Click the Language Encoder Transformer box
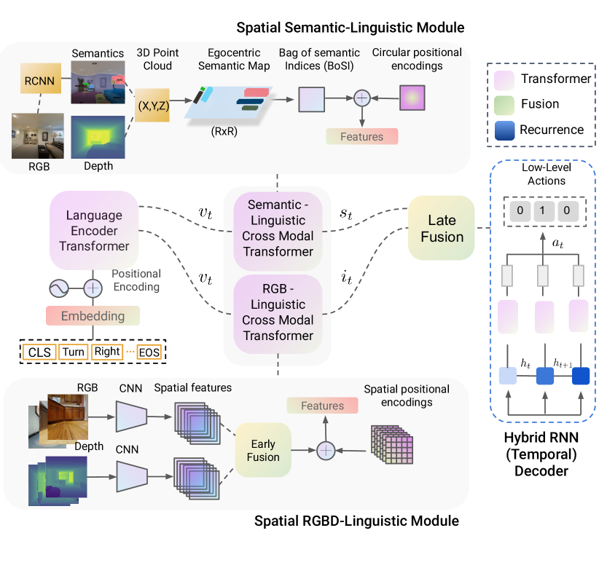(94, 229)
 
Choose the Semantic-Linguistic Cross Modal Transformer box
(276, 227)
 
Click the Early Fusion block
(263, 449)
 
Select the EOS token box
(149, 352)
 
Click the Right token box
(106, 352)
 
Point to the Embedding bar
(92, 316)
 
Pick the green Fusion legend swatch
(505, 104)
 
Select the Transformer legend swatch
(505, 79)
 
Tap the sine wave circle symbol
(59, 288)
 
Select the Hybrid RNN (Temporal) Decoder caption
(542, 454)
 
